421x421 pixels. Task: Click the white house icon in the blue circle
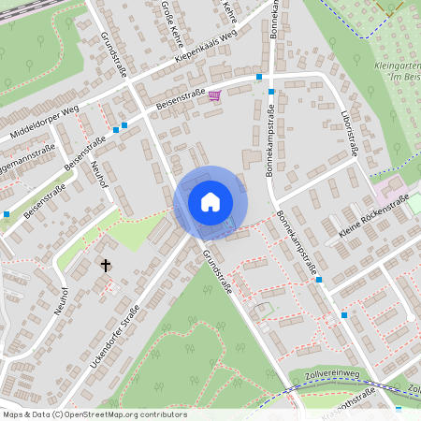coord(210,201)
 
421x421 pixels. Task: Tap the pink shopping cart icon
coord(215,95)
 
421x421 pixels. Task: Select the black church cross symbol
coord(106,266)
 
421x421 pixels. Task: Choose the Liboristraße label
coord(354,135)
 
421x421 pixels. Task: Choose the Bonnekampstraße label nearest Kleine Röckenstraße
coord(298,245)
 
